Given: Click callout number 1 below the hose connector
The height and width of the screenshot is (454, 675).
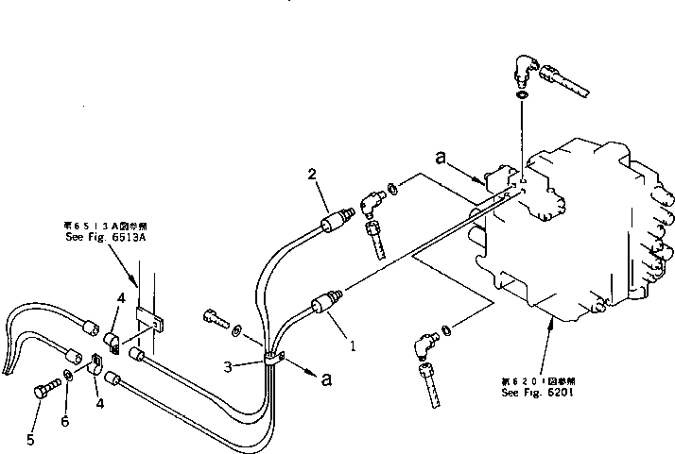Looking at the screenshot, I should coord(353,345).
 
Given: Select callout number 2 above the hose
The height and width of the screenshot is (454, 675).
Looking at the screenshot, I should coord(312,174).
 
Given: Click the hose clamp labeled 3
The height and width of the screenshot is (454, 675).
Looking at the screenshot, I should coord(271,359).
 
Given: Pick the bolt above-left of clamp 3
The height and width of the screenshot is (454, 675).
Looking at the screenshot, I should coord(216,317).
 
